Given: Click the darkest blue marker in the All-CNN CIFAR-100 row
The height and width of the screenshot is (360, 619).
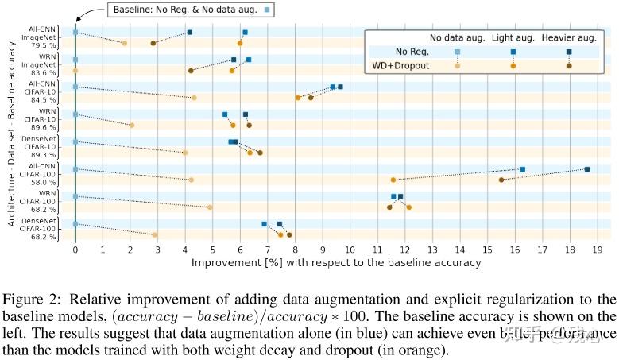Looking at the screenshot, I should [586, 169].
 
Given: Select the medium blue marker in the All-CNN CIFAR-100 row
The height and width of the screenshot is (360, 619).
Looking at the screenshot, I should [522, 169].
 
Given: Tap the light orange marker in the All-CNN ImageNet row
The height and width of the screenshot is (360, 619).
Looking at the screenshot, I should [125, 43].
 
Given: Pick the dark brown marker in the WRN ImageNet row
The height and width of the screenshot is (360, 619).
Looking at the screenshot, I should [191, 71].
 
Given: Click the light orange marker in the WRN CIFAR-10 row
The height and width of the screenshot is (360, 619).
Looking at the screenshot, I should [132, 125].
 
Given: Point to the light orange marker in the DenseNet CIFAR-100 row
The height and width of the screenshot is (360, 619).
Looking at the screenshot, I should [154, 234].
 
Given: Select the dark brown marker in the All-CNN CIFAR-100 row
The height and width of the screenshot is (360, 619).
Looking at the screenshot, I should [501, 180].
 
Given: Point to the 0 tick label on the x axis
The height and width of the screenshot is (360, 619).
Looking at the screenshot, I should [75, 250].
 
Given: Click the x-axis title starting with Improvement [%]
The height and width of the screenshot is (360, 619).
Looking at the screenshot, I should [336, 261].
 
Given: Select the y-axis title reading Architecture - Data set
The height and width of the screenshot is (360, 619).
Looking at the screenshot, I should [12, 178].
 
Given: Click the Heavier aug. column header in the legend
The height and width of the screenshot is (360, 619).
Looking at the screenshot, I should [568, 37].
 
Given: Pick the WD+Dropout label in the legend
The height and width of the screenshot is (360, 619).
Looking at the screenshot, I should [401, 65].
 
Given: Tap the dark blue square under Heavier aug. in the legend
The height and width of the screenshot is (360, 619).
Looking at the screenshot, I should [569, 52].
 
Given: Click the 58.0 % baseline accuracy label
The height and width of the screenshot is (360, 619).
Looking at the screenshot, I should [43, 182].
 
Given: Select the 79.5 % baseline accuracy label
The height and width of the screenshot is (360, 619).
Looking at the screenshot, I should [43, 45].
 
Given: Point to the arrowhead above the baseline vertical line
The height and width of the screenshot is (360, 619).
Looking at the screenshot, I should [75, 19].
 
